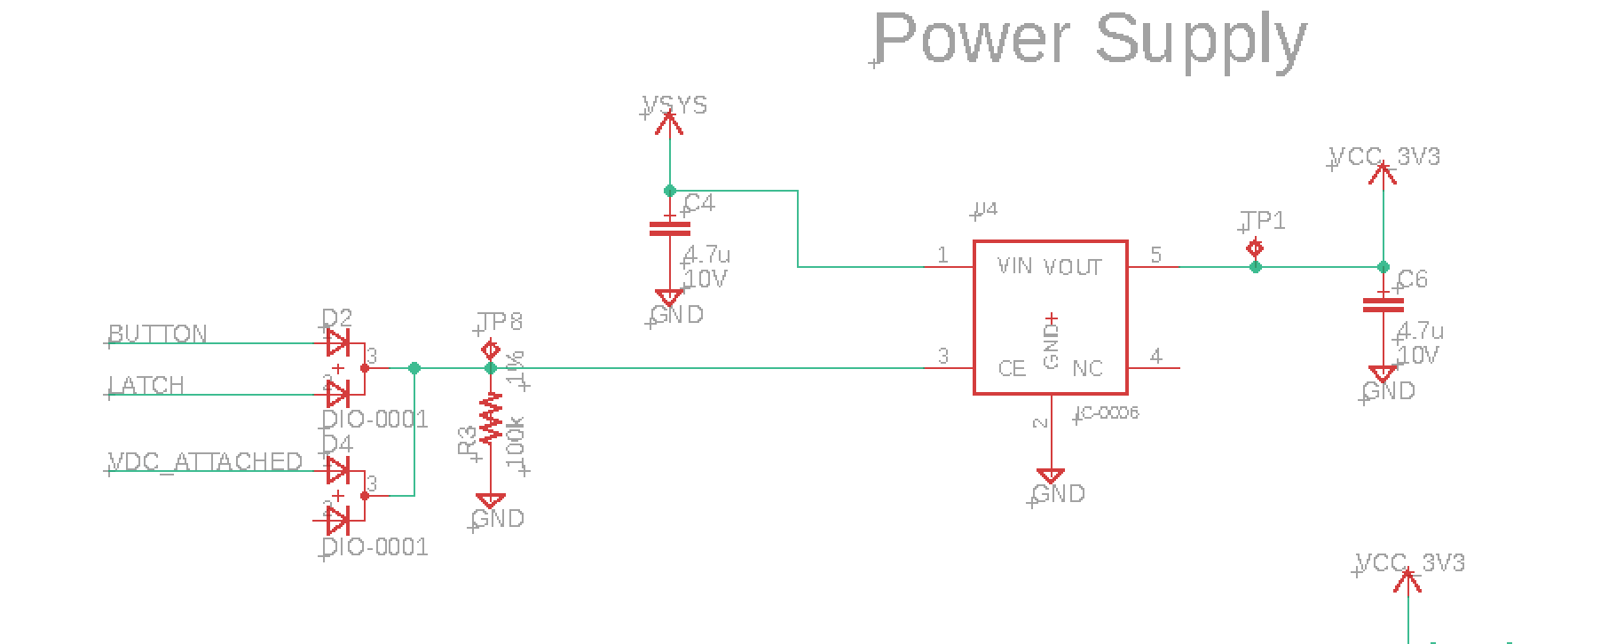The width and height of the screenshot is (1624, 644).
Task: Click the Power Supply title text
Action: click(1090, 39)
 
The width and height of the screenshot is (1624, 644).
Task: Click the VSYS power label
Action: click(675, 106)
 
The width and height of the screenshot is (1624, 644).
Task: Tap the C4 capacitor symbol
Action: click(669, 228)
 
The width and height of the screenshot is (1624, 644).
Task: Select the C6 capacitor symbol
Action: click(1383, 304)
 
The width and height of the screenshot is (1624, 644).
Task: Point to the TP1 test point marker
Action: click(1255, 248)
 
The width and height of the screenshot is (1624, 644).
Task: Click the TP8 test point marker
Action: click(491, 349)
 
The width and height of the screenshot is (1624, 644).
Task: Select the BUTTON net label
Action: click(158, 334)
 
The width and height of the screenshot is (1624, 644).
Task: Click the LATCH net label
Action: click(146, 385)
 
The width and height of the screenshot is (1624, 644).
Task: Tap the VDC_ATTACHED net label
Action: click(205, 462)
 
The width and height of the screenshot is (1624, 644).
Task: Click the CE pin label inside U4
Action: click(1012, 368)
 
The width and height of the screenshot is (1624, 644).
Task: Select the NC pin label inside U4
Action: click(1087, 368)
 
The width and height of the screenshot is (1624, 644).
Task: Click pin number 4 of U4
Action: click(1155, 357)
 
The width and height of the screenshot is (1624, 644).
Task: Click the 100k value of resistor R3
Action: click(516, 444)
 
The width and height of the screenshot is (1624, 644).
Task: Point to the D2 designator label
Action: click(336, 318)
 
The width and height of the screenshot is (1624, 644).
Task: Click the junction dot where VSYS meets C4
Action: click(670, 191)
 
